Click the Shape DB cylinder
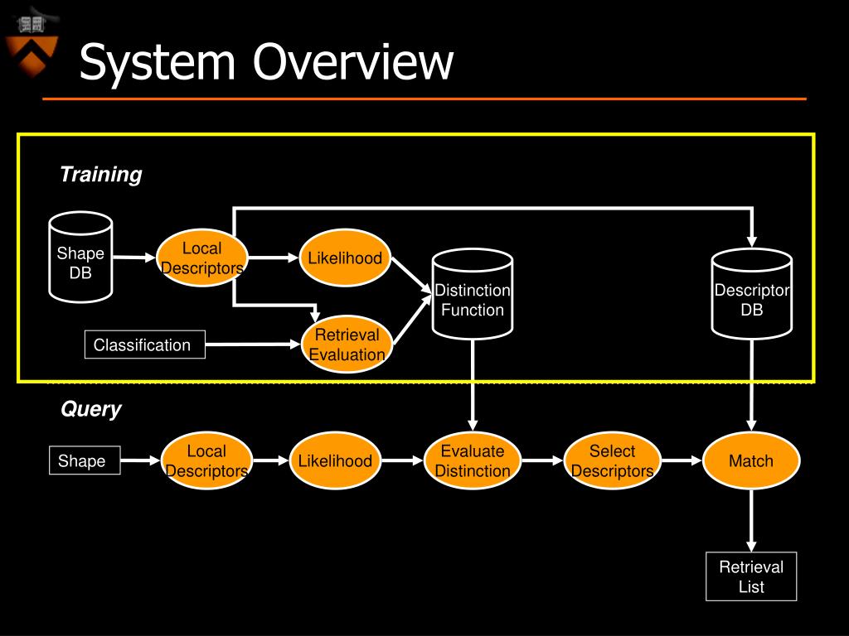click(80, 258)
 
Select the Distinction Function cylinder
click(473, 294)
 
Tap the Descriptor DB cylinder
click(751, 294)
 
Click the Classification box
click(145, 344)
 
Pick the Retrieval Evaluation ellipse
click(347, 344)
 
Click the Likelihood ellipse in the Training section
click(345, 258)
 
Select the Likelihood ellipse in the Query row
click(335, 460)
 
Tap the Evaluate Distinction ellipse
click(473, 460)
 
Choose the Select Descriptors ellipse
click(613, 460)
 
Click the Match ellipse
click(751, 460)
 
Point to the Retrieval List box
click(751, 576)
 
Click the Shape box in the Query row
click(85, 460)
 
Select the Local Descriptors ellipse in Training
click(202, 258)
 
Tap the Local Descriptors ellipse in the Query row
click(206, 460)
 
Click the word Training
click(101, 175)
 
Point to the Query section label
click(91, 409)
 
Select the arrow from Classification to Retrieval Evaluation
click(253, 344)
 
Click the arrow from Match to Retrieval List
click(751, 521)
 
